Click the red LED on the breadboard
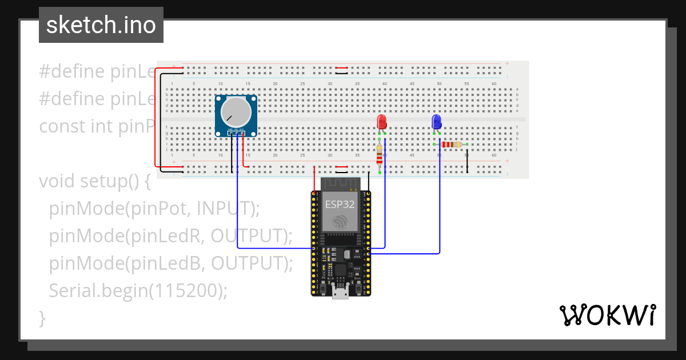tap(382, 122)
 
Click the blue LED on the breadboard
tap(436, 122)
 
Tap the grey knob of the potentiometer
tap(236, 112)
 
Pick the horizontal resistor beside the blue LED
tap(452, 145)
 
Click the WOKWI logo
tap(607, 315)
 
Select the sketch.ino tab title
tap(101, 25)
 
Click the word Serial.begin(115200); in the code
tap(138, 291)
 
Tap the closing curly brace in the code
tap(42, 318)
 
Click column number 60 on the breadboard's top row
tap(493, 84)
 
